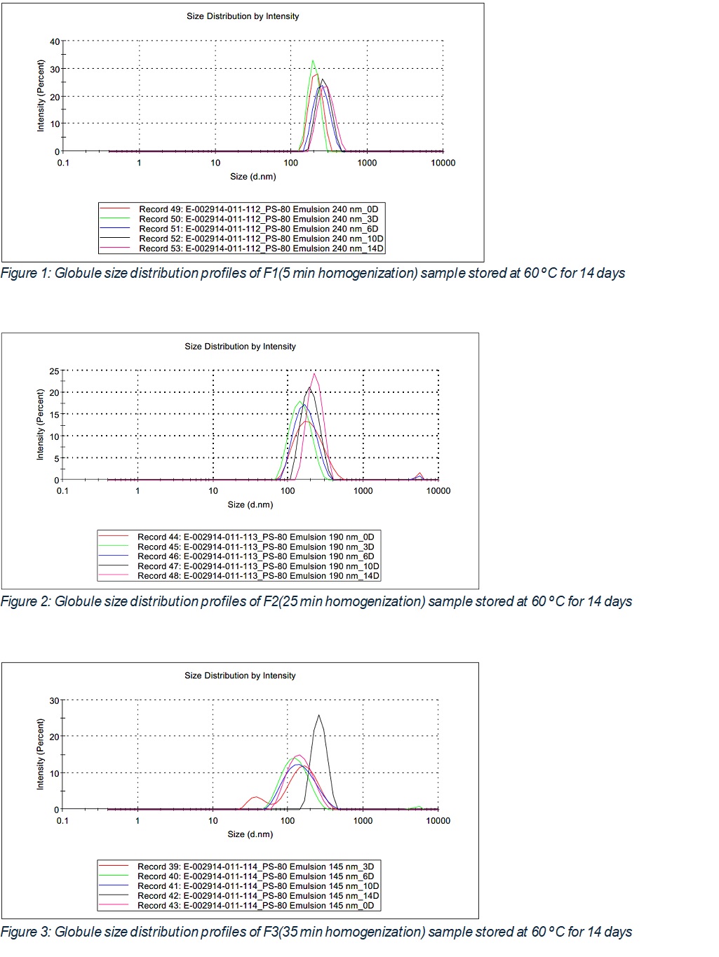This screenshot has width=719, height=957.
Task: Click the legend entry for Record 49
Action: pyautogui.click(x=258, y=209)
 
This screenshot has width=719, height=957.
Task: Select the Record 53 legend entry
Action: pyautogui.click(x=261, y=248)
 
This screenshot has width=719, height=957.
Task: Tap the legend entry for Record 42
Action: pyautogui.click(x=258, y=895)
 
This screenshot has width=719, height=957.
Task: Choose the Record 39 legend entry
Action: pyautogui.click(x=255, y=866)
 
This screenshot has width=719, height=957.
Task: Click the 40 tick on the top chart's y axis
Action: pyautogui.click(x=55, y=41)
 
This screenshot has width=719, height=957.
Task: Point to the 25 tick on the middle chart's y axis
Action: pyautogui.click(x=54, y=370)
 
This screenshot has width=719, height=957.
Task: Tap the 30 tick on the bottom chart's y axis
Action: pyautogui.click(x=54, y=700)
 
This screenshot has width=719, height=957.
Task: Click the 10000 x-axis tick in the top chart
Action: pyautogui.click(x=443, y=163)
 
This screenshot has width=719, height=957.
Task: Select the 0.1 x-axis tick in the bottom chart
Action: pyautogui.click(x=62, y=820)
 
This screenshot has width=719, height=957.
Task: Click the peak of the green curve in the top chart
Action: pyautogui.click(x=313, y=61)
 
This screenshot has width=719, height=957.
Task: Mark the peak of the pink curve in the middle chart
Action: pyautogui.click(x=314, y=374)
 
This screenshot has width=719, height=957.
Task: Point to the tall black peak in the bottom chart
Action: pyautogui.click(x=319, y=716)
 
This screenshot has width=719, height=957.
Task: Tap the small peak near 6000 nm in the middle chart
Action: pyautogui.click(x=419, y=474)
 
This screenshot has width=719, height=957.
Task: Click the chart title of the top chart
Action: pyautogui.click(x=243, y=16)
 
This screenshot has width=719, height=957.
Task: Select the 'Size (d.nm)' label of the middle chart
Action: pyautogui.click(x=250, y=504)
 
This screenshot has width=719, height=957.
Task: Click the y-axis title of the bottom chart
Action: pyautogui.click(x=40, y=754)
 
